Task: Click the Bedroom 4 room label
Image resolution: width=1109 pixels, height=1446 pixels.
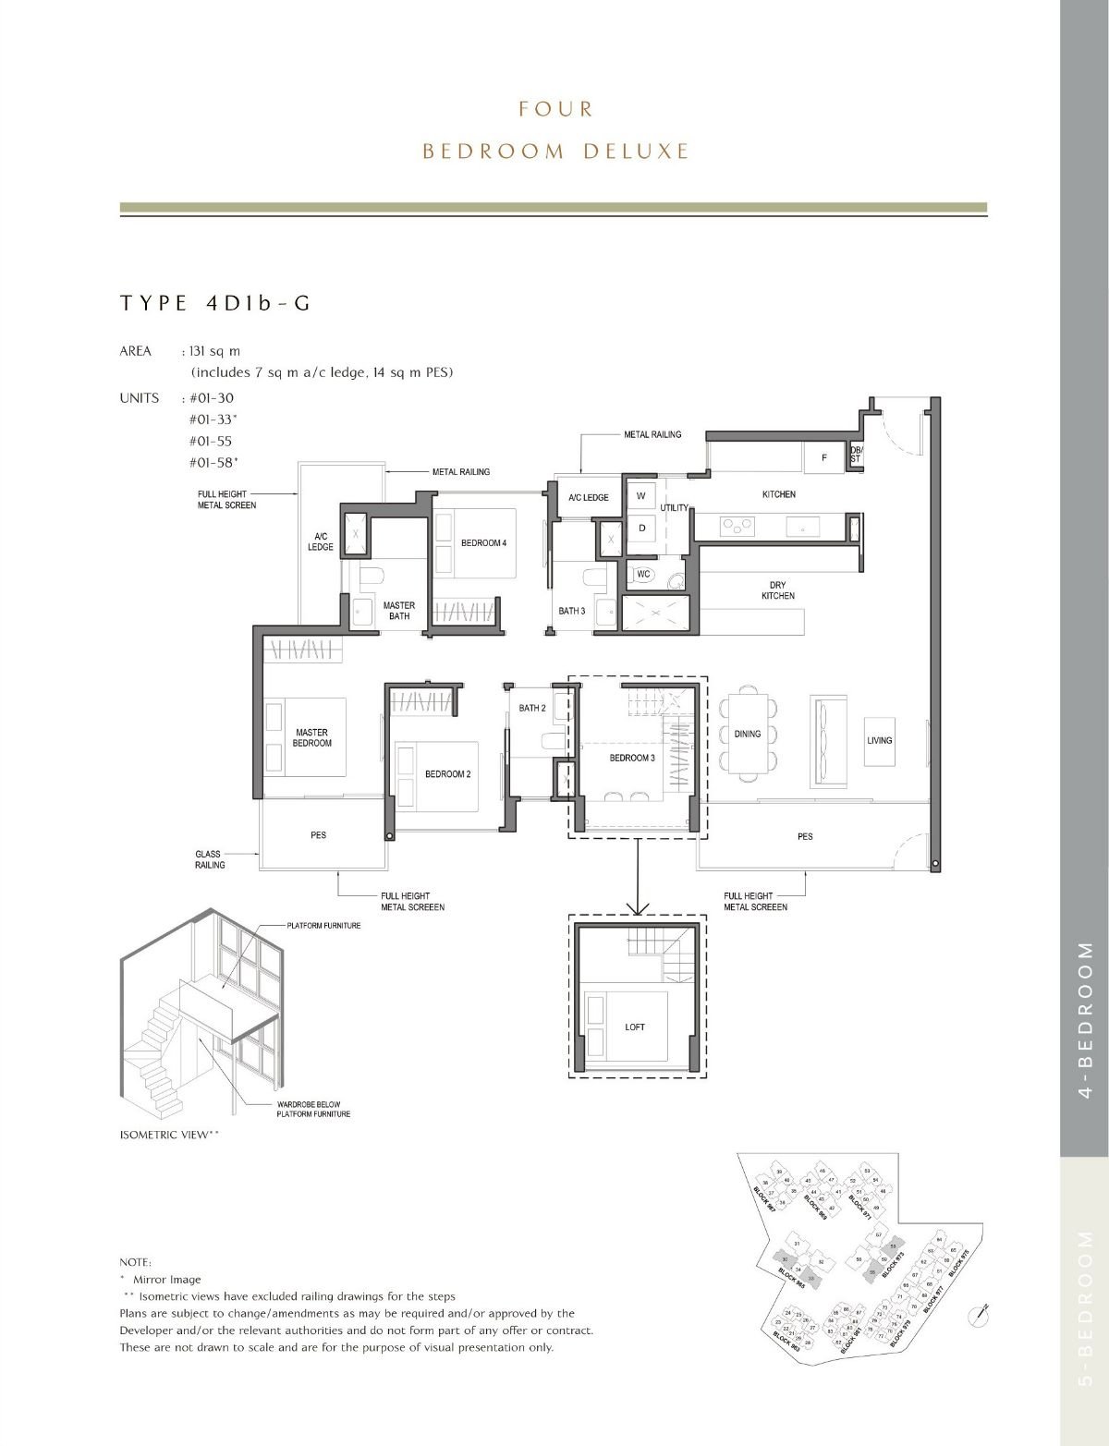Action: tap(483, 543)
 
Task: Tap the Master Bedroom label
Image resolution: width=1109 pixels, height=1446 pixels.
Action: tap(311, 737)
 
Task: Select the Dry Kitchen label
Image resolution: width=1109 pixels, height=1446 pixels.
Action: tap(777, 590)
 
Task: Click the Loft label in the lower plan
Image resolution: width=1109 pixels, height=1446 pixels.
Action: tap(635, 1027)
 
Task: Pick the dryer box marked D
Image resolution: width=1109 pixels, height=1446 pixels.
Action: tap(641, 528)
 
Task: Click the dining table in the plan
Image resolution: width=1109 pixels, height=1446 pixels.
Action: tap(748, 734)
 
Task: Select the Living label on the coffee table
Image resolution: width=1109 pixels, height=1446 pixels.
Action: tap(880, 740)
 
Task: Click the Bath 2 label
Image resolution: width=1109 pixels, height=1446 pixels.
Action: tap(531, 709)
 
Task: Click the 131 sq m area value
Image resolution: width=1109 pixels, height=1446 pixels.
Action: tap(213, 352)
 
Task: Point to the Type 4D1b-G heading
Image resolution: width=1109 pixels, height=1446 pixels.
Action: tap(214, 304)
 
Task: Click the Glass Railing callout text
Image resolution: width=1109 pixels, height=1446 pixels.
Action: tap(210, 859)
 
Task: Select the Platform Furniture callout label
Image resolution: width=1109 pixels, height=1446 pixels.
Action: tap(323, 925)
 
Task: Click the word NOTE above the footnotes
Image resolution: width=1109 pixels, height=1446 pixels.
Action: tap(136, 1261)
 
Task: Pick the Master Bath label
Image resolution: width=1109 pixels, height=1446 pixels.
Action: tap(399, 611)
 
